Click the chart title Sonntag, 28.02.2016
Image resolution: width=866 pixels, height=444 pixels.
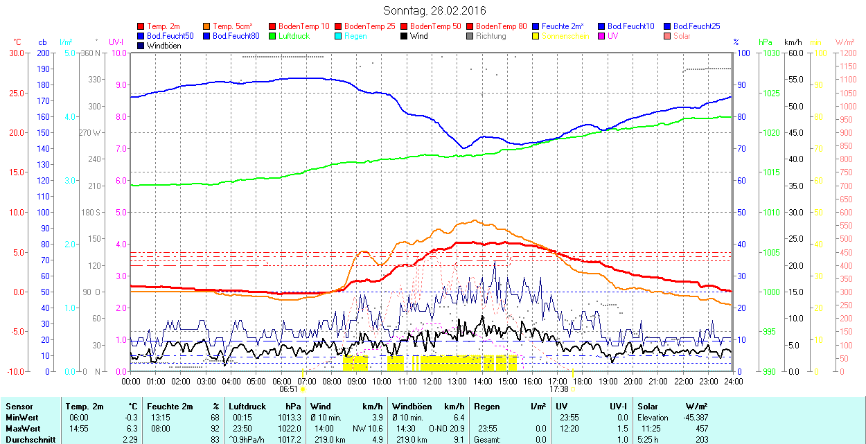point(434,11)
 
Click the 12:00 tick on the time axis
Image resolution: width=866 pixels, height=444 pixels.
point(432,381)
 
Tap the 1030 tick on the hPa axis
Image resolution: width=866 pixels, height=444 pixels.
point(770,53)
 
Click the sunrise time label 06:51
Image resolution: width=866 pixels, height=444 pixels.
point(288,389)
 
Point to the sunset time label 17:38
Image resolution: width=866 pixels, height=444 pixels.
point(558,389)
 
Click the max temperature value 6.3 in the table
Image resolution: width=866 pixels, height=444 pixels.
point(132,428)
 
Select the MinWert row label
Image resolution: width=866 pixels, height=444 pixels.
point(21,418)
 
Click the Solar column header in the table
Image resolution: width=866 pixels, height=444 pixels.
point(648,407)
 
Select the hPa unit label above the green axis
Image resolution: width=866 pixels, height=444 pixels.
point(765,42)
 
